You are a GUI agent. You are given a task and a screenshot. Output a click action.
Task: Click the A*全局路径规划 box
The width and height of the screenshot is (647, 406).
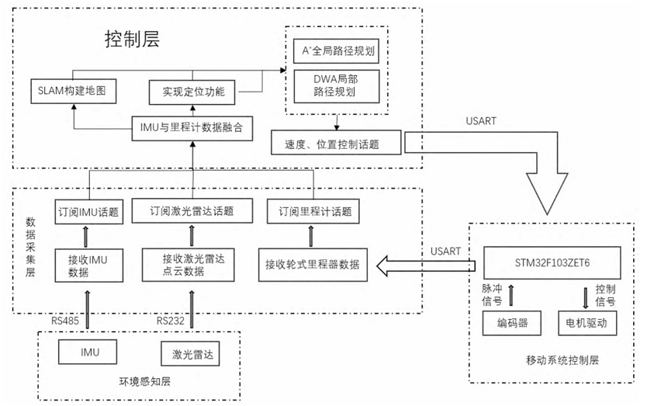(x=338, y=52)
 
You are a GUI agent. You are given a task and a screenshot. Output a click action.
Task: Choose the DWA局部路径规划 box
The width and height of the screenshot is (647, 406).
(x=338, y=85)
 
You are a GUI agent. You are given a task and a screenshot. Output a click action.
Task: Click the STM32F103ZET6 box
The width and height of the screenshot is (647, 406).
(x=552, y=259)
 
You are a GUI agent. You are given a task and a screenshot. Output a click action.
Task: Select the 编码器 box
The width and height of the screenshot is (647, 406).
(x=509, y=322)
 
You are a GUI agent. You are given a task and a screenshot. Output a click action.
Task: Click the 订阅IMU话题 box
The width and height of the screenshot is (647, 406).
(x=89, y=210)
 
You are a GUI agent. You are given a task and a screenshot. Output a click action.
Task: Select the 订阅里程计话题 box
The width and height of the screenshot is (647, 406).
(x=313, y=210)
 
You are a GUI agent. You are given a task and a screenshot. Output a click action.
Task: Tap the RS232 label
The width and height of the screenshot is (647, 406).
(x=171, y=319)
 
